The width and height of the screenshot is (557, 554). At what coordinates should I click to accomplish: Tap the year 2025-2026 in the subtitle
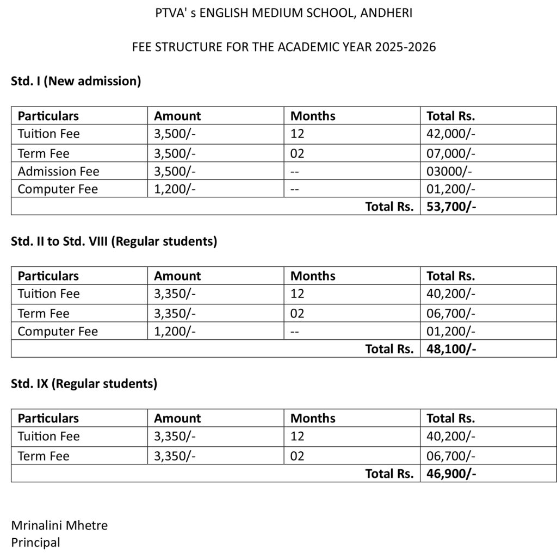click(405, 47)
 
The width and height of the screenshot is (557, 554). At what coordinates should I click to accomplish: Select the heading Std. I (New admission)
click(76, 82)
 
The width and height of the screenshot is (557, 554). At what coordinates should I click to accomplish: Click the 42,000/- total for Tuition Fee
click(451, 134)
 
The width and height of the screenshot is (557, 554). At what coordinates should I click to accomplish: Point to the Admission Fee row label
click(58, 171)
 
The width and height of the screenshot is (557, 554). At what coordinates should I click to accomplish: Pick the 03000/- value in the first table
click(449, 171)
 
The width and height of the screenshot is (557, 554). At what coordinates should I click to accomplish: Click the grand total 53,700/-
click(451, 207)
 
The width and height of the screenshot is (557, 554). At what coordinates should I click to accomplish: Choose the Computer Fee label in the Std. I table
click(58, 189)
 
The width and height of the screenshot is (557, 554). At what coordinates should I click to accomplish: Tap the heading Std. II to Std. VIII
click(114, 241)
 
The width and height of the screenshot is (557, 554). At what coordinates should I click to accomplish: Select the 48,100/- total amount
click(451, 349)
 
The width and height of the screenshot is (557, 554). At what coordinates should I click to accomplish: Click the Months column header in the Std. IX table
click(313, 418)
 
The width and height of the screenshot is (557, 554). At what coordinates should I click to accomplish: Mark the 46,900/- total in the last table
click(451, 474)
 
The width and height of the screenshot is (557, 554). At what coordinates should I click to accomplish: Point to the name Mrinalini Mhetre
click(59, 525)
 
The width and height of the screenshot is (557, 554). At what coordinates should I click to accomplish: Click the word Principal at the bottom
click(35, 542)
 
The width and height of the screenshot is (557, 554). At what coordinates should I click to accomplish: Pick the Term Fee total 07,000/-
click(451, 153)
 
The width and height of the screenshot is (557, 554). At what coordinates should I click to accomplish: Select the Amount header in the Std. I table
click(177, 116)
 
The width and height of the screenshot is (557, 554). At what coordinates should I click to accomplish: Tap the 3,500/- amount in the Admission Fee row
click(175, 171)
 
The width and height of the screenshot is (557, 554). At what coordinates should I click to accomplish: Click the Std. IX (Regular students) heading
click(84, 384)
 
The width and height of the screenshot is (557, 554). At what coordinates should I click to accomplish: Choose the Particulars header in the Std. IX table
click(48, 418)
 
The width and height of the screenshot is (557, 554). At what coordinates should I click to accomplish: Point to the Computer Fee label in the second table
click(58, 331)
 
